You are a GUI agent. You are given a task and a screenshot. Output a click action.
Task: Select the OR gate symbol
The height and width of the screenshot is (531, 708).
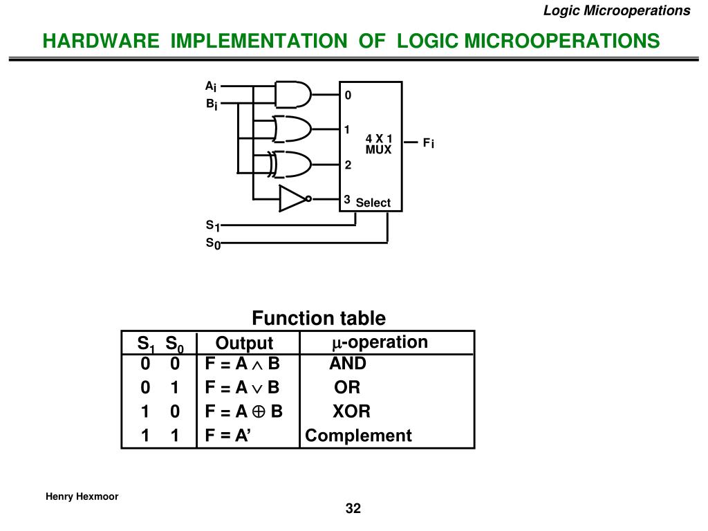(x=291, y=129)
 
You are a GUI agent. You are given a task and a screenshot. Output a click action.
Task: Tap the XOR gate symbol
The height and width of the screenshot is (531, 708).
(x=292, y=164)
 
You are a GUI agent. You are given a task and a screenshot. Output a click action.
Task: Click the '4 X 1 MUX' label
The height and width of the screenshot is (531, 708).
(x=379, y=144)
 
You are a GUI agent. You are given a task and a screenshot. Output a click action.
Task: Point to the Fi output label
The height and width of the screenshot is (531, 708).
(x=428, y=143)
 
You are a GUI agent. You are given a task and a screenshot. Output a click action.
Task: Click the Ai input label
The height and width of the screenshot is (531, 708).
(x=211, y=86)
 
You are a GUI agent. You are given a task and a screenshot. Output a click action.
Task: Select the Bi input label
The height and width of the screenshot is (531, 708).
(x=211, y=104)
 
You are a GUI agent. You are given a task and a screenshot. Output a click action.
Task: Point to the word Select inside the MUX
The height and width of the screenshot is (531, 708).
(x=373, y=203)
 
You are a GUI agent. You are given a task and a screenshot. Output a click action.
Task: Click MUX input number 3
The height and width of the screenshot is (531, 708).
(x=347, y=199)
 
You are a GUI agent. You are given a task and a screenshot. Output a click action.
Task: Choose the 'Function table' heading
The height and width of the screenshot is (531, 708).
(x=319, y=318)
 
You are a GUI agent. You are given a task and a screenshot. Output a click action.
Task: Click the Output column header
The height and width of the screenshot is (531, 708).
(x=244, y=343)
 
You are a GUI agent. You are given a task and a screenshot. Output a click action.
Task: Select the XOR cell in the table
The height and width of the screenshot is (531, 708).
(x=351, y=412)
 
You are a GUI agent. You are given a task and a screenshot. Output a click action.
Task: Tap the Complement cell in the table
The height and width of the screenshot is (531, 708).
(x=358, y=436)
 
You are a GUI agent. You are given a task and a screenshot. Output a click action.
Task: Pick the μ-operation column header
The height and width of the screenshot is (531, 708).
(x=380, y=342)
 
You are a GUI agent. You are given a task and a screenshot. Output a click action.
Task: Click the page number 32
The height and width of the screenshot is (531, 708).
(x=353, y=509)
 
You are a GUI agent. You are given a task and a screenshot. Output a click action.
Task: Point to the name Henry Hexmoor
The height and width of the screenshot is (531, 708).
(x=82, y=496)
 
